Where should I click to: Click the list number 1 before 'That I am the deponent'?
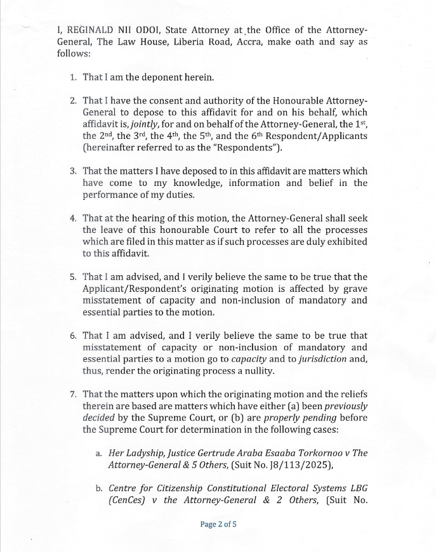click(x=73, y=77)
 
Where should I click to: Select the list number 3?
click(x=73, y=171)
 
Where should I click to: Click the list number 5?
click(x=73, y=277)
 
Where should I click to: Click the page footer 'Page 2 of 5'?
click(x=218, y=524)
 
